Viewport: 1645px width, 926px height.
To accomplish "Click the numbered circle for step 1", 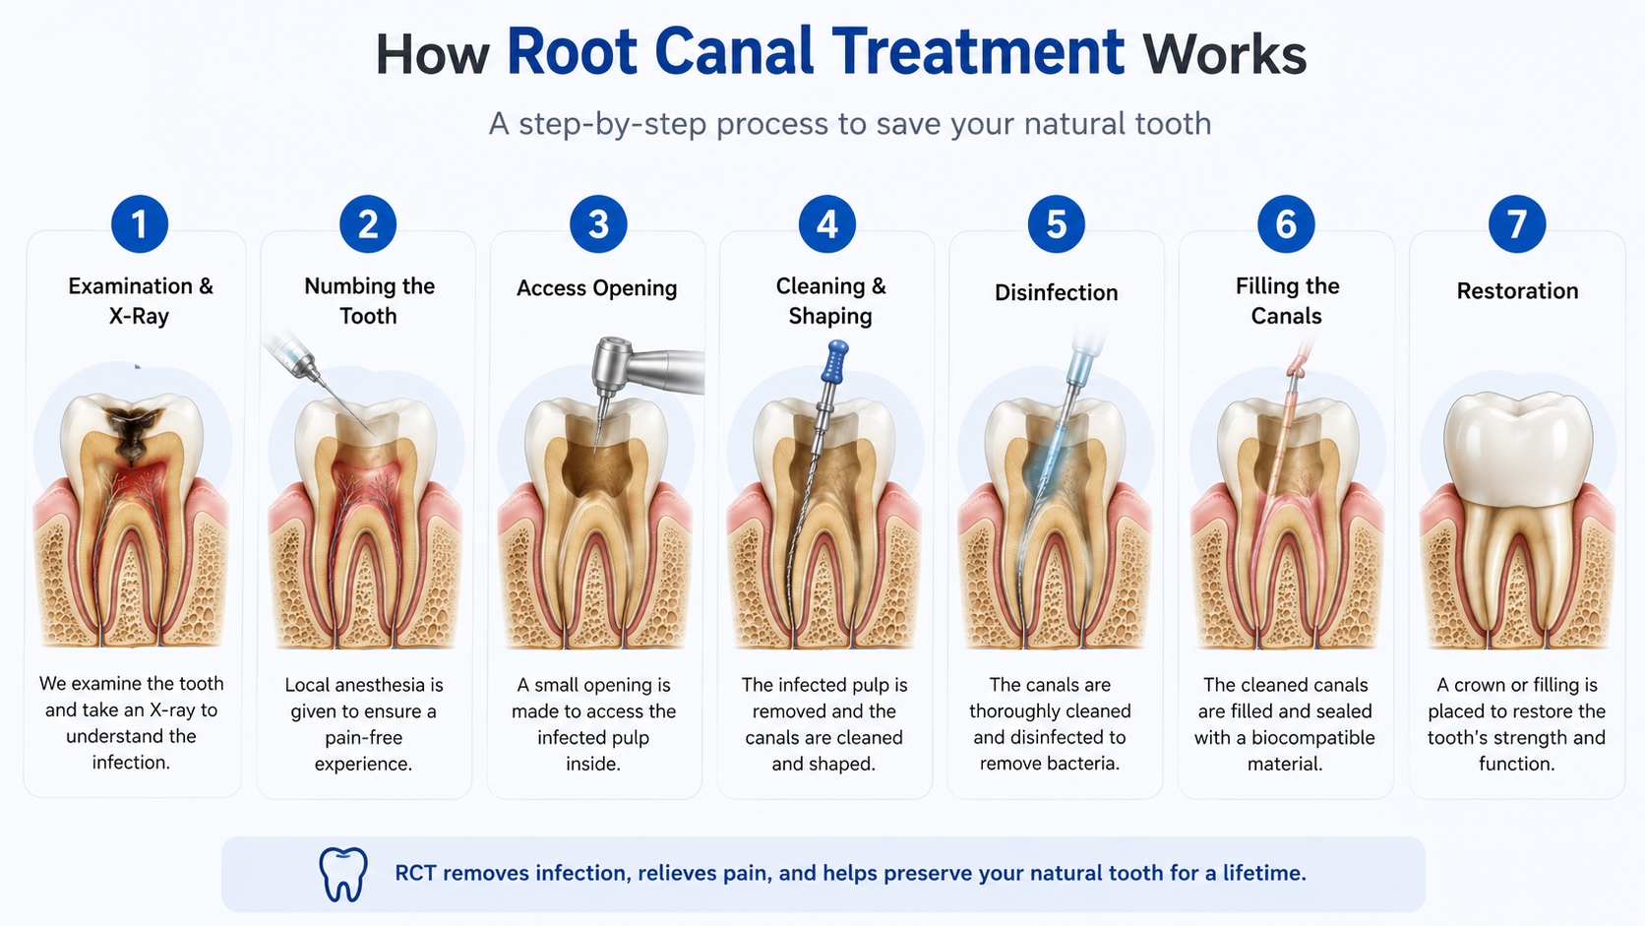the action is pyautogui.click(x=140, y=224).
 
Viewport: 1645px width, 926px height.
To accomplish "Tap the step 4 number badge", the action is pyautogui.click(x=827, y=224).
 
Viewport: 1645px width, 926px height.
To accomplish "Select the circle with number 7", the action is pyautogui.click(x=1517, y=224).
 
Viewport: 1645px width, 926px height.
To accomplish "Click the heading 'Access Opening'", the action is pyautogui.click(x=596, y=288).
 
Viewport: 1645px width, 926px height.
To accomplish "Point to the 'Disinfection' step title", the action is pyautogui.click(x=1056, y=292).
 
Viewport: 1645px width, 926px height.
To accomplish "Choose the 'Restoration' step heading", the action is pyautogui.click(x=1517, y=291).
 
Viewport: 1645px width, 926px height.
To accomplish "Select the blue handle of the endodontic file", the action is pyautogui.click(x=835, y=361).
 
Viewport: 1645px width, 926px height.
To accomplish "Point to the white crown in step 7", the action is pyautogui.click(x=1517, y=448).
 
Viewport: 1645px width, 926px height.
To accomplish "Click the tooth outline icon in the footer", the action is pyautogui.click(x=343, y=874).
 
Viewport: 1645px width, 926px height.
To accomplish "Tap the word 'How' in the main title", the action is pyautogui.click(x=432, y=55).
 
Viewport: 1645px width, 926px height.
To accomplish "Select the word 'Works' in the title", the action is pyautogui.click(x=1224, y=55).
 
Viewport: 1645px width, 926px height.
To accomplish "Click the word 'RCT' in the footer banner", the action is pyautogui.click(x=415, y=873).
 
